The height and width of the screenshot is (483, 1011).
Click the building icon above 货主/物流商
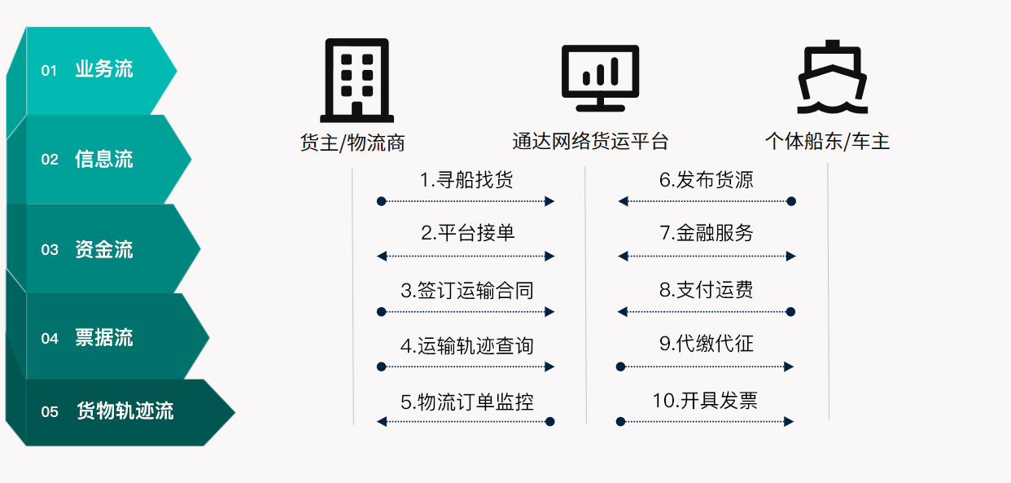[357, 81]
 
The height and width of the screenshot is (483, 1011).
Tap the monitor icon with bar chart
[600, 78]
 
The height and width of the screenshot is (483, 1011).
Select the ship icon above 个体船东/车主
[833, 77]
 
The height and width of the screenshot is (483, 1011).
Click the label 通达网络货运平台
[590, 142]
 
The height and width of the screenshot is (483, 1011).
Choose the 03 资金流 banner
[104, 248]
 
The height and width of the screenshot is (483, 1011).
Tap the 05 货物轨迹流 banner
[120, 412]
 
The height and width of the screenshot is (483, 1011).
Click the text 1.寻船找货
[466, 180]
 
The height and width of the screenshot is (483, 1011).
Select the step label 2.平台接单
[467, 233]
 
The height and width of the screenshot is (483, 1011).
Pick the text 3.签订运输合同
[467, 290]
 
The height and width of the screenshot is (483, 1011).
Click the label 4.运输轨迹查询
[467, 346]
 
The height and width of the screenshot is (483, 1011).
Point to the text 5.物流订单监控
[467, 402]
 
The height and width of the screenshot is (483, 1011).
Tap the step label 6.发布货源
[707, 180]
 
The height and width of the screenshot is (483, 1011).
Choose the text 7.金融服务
[707, 233]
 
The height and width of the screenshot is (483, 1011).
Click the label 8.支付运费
[707, 290]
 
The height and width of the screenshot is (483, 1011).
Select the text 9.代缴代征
[707, 344]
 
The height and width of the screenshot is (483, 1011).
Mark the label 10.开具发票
[705, 401]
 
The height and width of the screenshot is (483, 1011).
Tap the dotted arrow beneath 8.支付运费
[707, 311]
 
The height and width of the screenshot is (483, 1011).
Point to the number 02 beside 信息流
[50, 160]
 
